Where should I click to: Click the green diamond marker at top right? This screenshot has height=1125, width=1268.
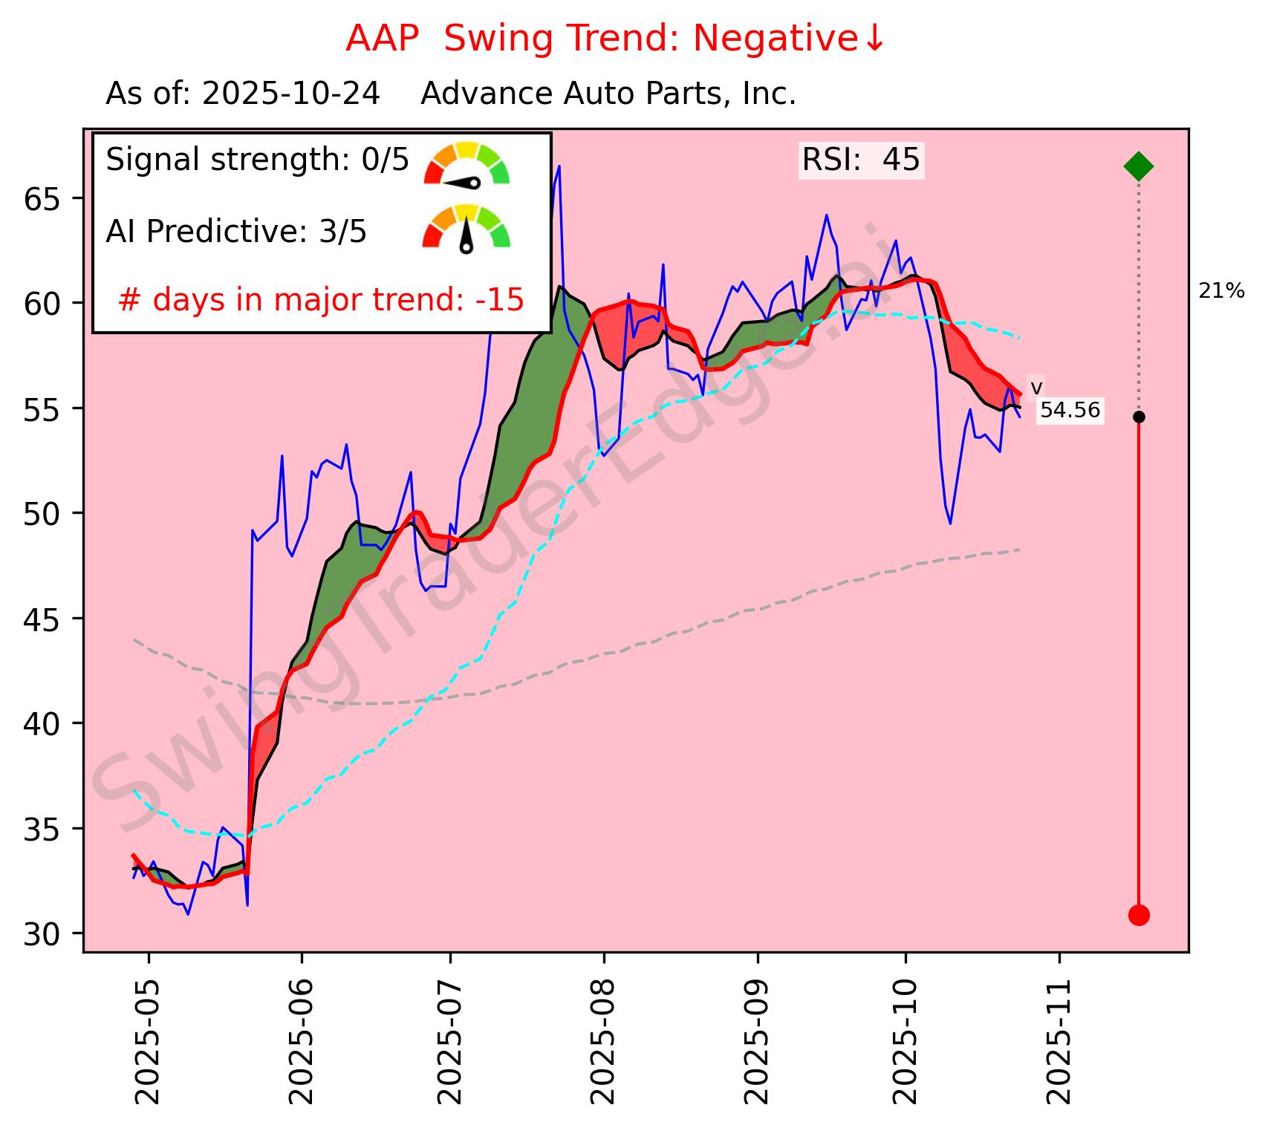coord(1138,166)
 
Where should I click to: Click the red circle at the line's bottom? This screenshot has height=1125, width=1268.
coord(1138,915)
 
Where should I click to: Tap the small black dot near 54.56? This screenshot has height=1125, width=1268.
coord(1138,417)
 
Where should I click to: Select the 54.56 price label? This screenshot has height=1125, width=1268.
coord(1070,410)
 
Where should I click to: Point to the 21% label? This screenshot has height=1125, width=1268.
coord(1221,292)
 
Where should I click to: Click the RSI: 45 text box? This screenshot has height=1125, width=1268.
coord(861,160)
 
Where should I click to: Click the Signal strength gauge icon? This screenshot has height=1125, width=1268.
coord(466,163)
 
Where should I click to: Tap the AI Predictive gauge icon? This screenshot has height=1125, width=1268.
coord(466,228)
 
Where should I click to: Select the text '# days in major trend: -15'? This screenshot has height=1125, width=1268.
coord(321,300)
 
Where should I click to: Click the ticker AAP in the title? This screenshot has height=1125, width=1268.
coord(383,39)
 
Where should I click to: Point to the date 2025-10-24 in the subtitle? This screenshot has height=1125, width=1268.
coord(291,94)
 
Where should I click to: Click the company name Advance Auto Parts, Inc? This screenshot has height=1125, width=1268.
coord(608,94)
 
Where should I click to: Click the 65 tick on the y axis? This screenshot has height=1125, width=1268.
coord(41,198)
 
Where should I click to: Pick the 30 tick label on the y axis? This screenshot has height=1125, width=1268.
coord(41,934)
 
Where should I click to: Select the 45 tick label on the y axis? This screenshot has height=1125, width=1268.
coord(41,619)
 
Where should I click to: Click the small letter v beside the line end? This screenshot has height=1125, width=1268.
coord(1036,388)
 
